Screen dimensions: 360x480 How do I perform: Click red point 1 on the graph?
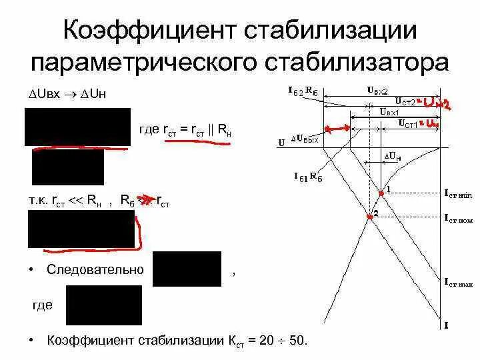point(381,193)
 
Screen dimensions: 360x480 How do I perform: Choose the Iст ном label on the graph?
point(458,218)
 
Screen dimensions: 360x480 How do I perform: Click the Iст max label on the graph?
point(458,283)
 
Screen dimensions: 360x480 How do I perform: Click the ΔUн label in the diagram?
point(391,157)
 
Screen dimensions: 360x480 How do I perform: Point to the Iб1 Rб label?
point(309,177)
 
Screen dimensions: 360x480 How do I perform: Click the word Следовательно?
point(95,269)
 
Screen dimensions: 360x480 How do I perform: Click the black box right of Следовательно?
point(187,269)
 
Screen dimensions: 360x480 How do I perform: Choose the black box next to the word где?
point(103,305)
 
